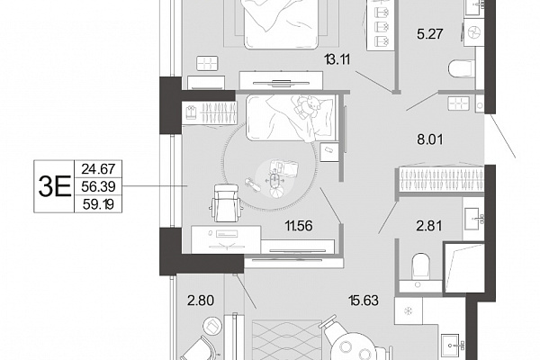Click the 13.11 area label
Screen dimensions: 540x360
click(x=337, y=60)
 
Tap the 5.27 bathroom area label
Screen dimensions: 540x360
click(x=429, y=34)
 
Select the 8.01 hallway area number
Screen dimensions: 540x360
click(x=430, y=139)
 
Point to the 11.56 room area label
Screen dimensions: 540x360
click(x=299, y=226)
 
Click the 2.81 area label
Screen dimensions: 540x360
click(x=429, y=226)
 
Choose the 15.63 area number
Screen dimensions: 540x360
click(x=363, y=301)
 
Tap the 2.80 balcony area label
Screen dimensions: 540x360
click(x=201, y=301)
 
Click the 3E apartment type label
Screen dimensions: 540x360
click(x=54, y=186)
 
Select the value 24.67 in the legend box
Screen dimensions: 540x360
click(x=98, y=169)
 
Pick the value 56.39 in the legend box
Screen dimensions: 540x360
click(x=98, y=186)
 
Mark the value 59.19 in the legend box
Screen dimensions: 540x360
click(x=98, y=205)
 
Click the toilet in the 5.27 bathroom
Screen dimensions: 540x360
click(x=462, y=68)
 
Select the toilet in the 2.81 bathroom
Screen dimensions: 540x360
click(x=421, y=265)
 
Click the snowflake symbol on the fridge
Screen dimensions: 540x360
click(x=409, y=311)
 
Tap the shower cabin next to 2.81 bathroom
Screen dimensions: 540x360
click(x=463, y=267)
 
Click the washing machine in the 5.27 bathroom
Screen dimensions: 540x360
click(x=473, y=32)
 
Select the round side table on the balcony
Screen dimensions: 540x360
click(x=212, y=325)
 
